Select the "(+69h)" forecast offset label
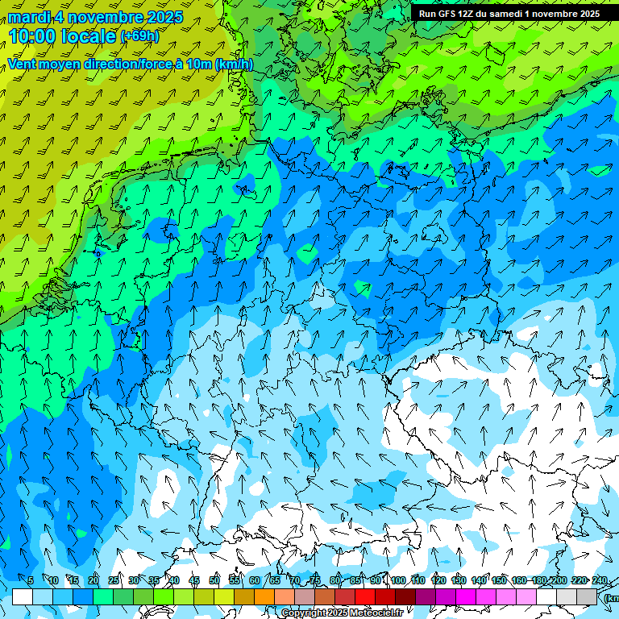coord(139,36)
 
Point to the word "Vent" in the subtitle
coord(23,64)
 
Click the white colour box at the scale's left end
coord(23,596)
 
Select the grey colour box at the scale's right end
coord(587,596)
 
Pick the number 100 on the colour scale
coord(397,581)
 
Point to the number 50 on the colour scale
coord(214,581)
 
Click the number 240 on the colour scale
coord(599,581)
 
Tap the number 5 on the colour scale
coord(31,581)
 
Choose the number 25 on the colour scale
coord(114,581)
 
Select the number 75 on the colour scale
coord(315,581)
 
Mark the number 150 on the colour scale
coord(499,581)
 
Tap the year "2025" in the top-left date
coord(164,17)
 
